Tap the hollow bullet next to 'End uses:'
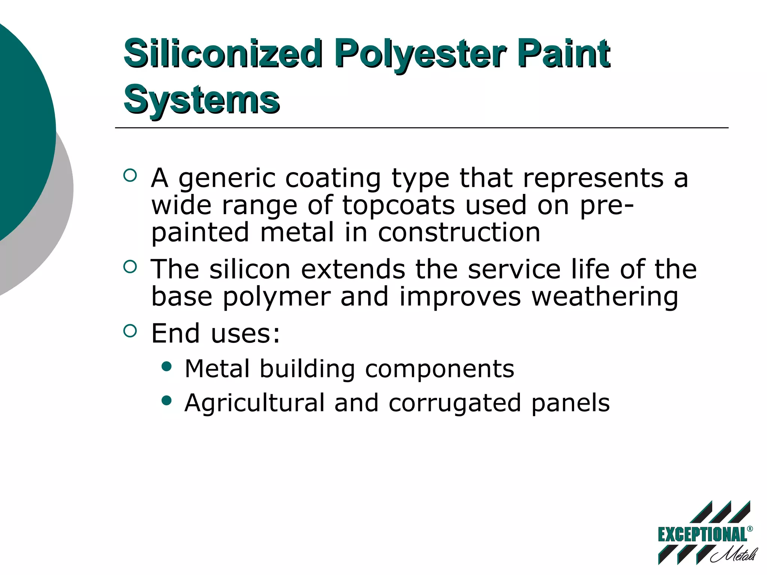click(x=130, y=331)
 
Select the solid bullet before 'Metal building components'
click(x=166, y=366)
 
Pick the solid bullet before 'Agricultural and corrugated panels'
click(x=166, y=401)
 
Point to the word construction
click(x=459, y=232)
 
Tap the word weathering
click(x=604, y=297)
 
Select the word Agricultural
click(x=254, y=403)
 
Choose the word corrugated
click(x=455, y=403)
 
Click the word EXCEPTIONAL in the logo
click(x=702, y=535)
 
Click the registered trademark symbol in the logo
click(x=750, y=529)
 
